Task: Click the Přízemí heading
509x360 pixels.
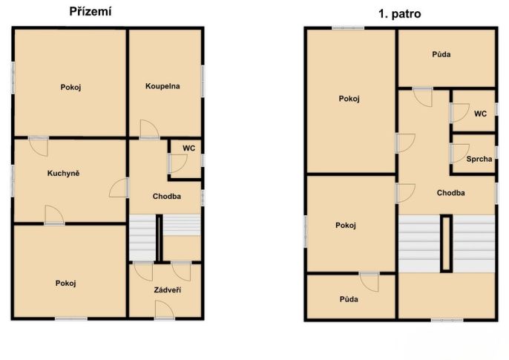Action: click(x=91, y=12)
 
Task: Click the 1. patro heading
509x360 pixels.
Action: click(x=400, y=14)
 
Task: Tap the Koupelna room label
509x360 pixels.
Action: click(x=162, y=86)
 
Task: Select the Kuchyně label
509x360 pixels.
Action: click(x=63, y=173)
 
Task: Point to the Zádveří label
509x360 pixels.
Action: click(x=168, y=289)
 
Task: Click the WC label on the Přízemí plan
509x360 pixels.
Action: click(x=188, y=148)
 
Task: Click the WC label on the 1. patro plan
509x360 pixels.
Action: click(x=480, y=114)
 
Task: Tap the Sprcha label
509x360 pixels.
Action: click(x=479, y=159)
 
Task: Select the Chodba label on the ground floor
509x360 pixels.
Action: click(x=167, y=197)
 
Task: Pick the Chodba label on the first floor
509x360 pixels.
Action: click(x=450, y=193)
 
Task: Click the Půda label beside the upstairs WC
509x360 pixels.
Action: click(x=441, y=54)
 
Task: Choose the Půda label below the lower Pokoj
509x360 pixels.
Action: click(x=349, y=299)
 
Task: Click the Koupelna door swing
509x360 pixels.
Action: click(x=150, y=129)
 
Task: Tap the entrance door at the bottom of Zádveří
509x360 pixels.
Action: click(x=165, y=310)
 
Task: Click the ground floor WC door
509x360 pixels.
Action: click(x=177, y=163)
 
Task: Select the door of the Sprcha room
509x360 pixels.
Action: click(x=460, y=153)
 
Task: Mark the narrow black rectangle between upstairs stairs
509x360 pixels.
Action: click(x=447, y=243)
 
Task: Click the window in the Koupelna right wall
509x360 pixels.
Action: click(x=203, y=81)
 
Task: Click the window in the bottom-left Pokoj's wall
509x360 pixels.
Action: click(x=71, y=318)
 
